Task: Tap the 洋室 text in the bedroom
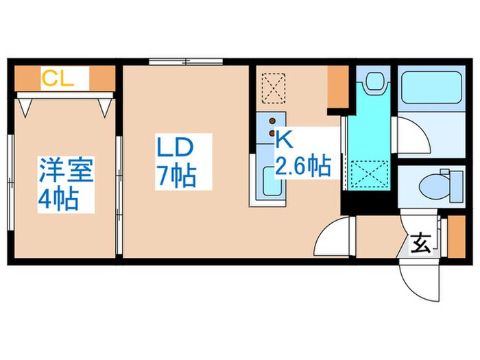coord(66,169)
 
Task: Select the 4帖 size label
coord(57,199)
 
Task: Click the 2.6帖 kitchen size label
coord(302,167)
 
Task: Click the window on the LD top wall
coord(185,63)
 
